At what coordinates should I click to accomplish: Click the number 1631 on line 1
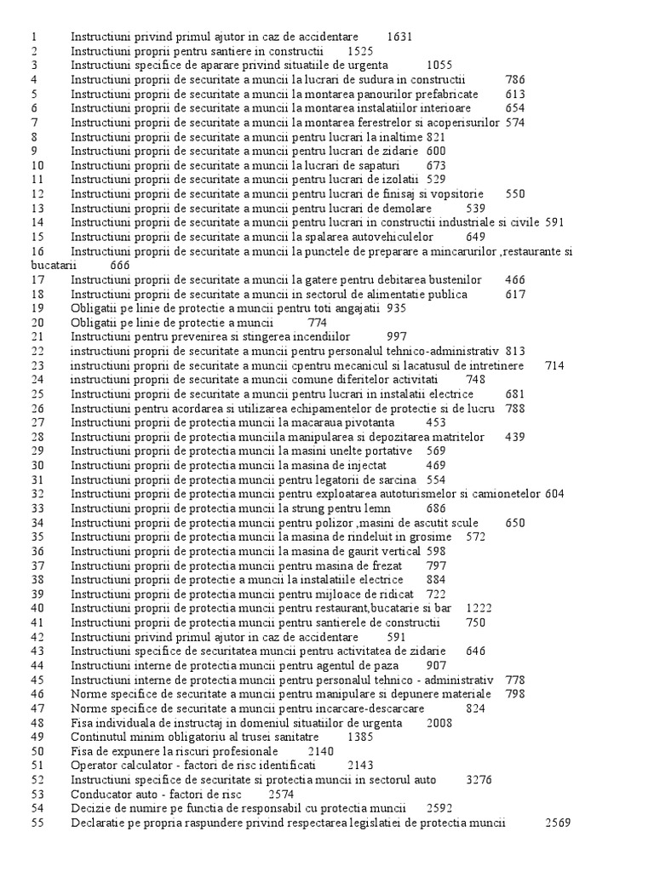click(399, 37)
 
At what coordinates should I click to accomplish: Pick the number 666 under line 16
click(120, 265)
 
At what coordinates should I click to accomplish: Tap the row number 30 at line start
click(37, 465)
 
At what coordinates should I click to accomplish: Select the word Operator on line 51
click(95, 765)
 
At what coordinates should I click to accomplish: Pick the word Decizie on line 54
click(91, 808)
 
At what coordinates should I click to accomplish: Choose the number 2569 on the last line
click(559, 823)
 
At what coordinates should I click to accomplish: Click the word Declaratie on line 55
click(100, 823)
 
